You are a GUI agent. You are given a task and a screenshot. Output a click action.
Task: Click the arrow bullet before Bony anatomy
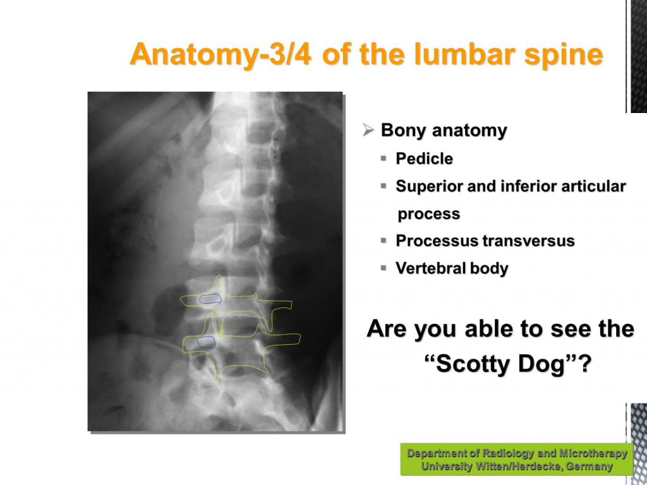(368, 130)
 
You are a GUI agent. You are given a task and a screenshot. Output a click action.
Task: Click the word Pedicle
(424, 159)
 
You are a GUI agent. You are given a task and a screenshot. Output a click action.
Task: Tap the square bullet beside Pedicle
(384, 158)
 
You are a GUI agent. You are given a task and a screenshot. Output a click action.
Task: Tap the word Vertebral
(430, 268)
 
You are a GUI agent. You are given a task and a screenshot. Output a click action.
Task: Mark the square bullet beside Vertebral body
(384, 268)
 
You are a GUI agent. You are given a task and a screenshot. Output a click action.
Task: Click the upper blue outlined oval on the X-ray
(210, 299)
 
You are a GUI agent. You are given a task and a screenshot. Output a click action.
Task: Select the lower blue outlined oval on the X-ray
(206, 342)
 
